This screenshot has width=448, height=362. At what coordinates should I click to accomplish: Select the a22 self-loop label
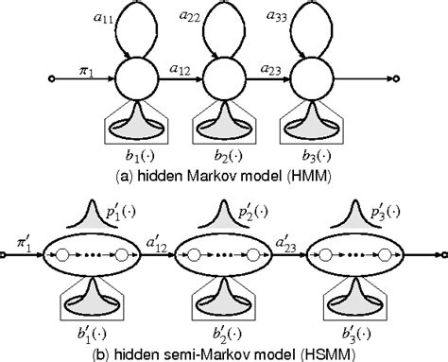click(x=188, y=18)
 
